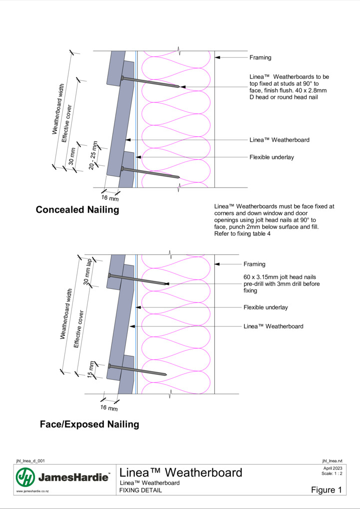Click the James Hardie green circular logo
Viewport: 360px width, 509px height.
click(25, 477)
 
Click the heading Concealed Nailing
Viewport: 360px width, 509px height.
click(77, 210)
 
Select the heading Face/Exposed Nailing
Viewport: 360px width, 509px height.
click(89, 424)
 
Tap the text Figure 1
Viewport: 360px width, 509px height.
click(327, 490)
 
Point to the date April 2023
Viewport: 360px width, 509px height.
click(333, 468)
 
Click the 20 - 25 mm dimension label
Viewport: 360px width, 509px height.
click(93, 155)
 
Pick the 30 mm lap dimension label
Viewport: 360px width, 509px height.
click(88, 271)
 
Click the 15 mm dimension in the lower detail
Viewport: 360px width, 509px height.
click(91, 370)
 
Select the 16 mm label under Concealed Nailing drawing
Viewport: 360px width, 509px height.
click(110, 198)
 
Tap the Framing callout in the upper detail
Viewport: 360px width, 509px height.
click(260, 57)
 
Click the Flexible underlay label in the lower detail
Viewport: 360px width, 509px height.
click(266, 307)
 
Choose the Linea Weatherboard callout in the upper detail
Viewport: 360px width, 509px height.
click(280, 140)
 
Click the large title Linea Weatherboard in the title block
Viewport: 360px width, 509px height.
click(181, 473)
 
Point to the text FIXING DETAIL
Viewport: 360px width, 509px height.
click(140, 490)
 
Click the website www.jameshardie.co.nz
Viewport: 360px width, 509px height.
click(32, 491)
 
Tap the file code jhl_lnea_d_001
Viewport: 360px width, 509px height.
click(30, 461)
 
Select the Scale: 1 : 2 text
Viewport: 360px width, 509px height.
click(332, 473)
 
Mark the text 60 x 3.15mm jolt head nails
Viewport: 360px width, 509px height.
click(280, 277)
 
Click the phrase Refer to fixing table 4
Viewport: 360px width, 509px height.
click(242, 234)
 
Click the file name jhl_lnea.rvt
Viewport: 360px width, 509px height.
click(332, 461)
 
